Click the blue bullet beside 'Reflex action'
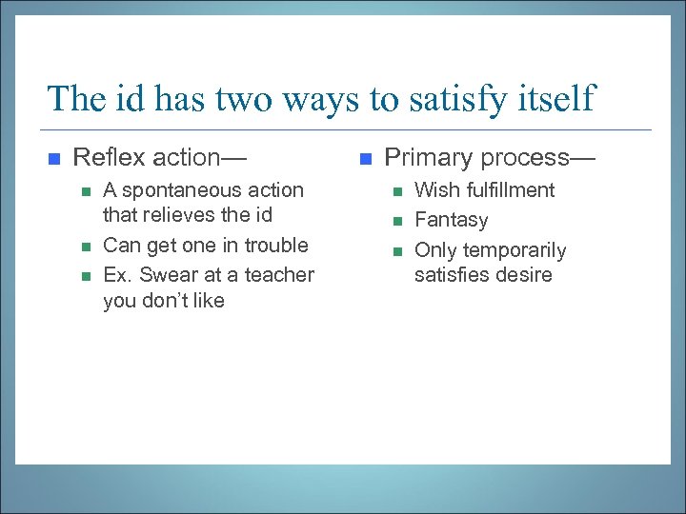[x=54, y=158]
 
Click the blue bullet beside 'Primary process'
[x=366, y=158]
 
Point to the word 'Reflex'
[x=107, y=157]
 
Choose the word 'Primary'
[x=425, y=157]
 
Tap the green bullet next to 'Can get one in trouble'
[x=85, y=246]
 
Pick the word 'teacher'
[x=279, y=274]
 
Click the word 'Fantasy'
[x=451, y=220]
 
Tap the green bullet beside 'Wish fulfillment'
[x=396, y=191]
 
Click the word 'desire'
[x=522, y=276]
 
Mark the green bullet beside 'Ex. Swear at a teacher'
[x=85, y=275]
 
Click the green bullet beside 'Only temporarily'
[x=396, y=251]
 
